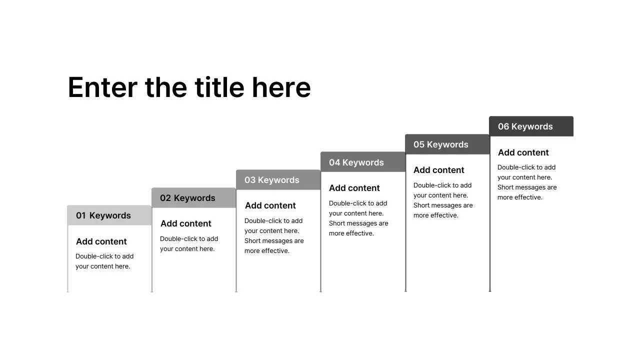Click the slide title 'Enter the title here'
pos(189,87)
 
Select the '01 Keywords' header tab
pos(109,215)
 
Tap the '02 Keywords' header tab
pos(193,198)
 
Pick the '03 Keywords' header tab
pos(278,180)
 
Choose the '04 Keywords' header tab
pos(362,162)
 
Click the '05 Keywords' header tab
pos(447,144)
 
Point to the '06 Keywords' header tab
pos(531,126)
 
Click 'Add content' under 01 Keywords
pos(101,241)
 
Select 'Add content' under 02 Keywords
pos(186,223)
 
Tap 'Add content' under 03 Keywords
pos(270,205)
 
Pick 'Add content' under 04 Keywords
pos(354,188)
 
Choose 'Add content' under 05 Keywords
pos(439,170)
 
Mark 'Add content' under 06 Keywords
pos(523,152)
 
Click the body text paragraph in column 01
pos(104,261)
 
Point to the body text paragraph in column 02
pos(189,244)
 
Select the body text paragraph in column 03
pos(274,236)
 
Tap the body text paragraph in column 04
pos(358,218)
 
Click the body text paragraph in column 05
pos(443,200)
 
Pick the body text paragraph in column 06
pos(527,182)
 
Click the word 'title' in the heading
pos(219,87)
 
